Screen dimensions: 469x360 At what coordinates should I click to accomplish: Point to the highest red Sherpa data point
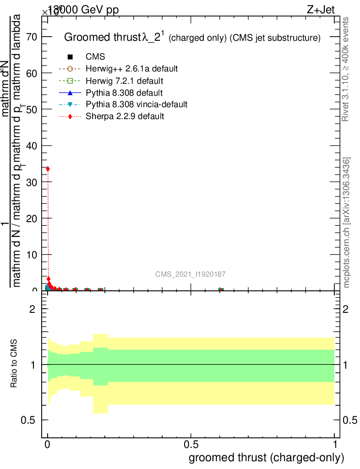coord(48,169)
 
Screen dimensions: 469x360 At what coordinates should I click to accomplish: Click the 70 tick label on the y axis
coord(32,37)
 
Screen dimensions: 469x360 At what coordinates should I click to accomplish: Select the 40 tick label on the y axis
coord(32,146)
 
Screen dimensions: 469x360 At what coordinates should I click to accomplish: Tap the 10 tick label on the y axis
coord(32,255)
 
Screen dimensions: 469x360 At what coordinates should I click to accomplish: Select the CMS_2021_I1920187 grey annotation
coord(190,274)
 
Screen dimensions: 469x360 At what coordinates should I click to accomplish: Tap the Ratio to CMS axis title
coord(14,364)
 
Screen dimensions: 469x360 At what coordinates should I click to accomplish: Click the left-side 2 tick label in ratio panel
coord(32,309)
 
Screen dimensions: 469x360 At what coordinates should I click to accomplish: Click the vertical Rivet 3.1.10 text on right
coord(346,69)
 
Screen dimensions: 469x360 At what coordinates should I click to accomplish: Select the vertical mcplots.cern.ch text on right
coord(347,223)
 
